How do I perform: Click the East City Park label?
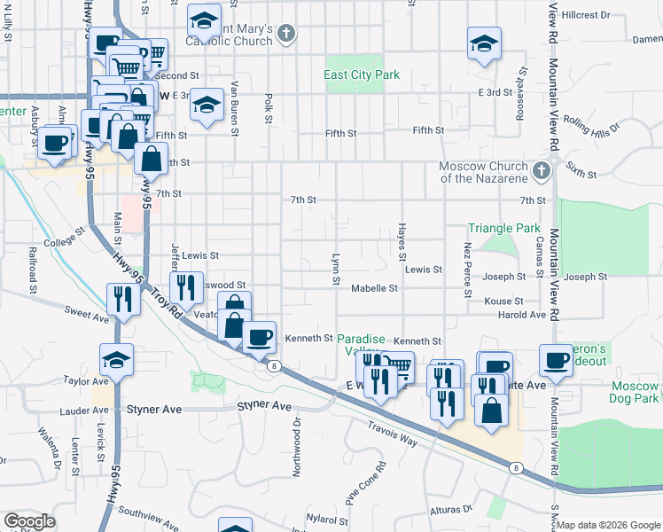tap(362, 75)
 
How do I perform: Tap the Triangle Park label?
tap(503, 229)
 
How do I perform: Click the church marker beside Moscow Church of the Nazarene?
tap(542, 168)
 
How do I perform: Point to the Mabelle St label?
tap(374, 288)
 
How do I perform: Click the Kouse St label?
tap(504, 301)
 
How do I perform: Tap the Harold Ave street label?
tap(522, 315)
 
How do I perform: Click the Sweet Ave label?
tap(86, 312)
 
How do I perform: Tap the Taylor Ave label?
tap(86, 380)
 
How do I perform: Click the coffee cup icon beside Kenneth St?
tap(259, 338)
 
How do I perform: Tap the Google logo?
tap(29, 521)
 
